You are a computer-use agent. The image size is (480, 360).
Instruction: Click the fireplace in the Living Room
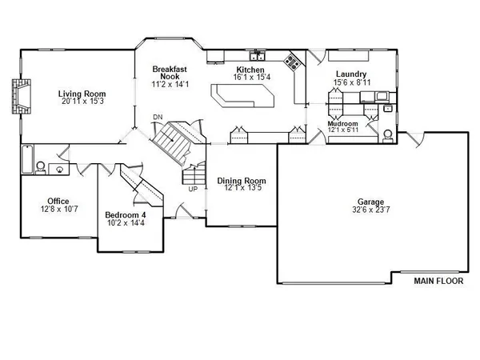(18, 98)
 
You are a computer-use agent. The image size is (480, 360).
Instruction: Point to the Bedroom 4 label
(126, 214)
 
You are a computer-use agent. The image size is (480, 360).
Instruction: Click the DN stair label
(158, 118)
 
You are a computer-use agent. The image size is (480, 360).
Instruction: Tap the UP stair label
(193, 190)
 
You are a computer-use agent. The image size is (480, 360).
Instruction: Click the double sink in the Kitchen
(258, 57)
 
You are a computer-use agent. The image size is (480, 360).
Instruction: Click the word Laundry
(350, 74)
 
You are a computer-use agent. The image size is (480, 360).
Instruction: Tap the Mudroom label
(343, 124)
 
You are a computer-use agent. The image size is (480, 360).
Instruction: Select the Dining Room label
(242, 181)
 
